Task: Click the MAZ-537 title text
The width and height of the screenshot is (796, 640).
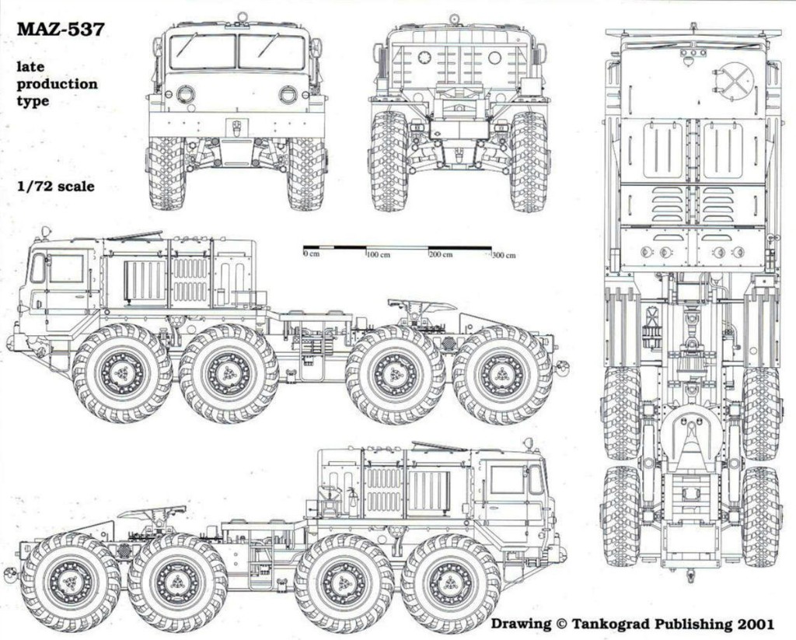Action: coord(60,30)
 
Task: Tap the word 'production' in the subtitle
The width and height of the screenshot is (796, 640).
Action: coord(58,84)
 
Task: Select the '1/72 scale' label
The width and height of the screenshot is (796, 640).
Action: coord(56,187)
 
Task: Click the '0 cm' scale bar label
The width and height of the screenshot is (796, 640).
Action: coord(312,255)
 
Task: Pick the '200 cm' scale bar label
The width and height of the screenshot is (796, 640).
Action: coord(440,255)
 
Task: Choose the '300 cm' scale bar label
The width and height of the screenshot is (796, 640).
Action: coord(503,255)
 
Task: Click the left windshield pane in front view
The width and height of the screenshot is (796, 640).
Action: coord(202,51)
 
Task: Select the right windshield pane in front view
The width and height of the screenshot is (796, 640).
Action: coord(271,51)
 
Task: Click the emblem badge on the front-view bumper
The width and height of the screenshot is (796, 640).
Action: coord(236,126)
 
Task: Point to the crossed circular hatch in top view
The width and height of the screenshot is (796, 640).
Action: coord(735,82)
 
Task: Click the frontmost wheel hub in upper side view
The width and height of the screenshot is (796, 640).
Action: coord(122,373)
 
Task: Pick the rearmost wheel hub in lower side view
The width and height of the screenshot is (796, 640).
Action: coord(70,582)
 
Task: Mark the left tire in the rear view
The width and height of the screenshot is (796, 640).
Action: coord(389,161)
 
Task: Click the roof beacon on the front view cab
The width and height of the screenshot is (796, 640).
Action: coord(242,16)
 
